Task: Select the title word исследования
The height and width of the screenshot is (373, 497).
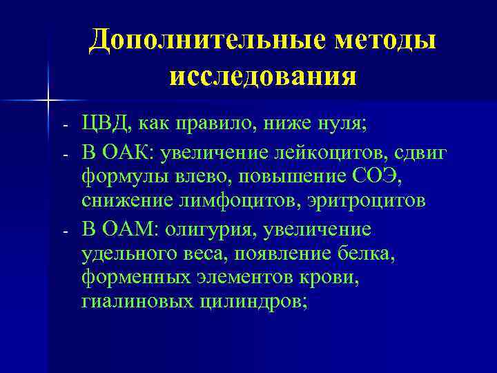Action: (262, 75)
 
